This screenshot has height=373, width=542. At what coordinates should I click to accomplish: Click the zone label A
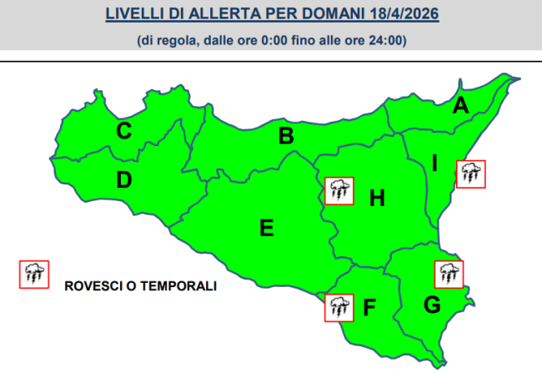click(459, 106)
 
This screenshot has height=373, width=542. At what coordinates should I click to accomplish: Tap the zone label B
click(286, 136)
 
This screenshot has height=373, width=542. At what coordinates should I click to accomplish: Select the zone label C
click(123, 131)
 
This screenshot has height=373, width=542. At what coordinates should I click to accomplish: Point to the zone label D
click(123, 179)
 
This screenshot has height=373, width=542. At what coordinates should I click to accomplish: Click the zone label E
click(267, 228)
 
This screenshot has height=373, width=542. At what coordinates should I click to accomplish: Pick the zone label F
click(370, 308)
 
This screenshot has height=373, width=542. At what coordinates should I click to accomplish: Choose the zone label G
click(432, 306)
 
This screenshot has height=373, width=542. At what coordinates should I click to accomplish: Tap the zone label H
click(377, 198)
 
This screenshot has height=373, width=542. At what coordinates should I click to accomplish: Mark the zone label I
click(434, 164)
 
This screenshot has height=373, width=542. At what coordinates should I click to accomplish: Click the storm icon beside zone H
click(339, 191)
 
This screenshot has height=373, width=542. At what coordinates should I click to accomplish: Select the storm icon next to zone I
click(470, 174)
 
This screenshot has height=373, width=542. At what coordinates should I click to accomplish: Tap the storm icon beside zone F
click(339, 307)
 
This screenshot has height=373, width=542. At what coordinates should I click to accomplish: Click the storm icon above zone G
click(449, 274)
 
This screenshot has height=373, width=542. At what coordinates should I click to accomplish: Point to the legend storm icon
click(33, 274)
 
